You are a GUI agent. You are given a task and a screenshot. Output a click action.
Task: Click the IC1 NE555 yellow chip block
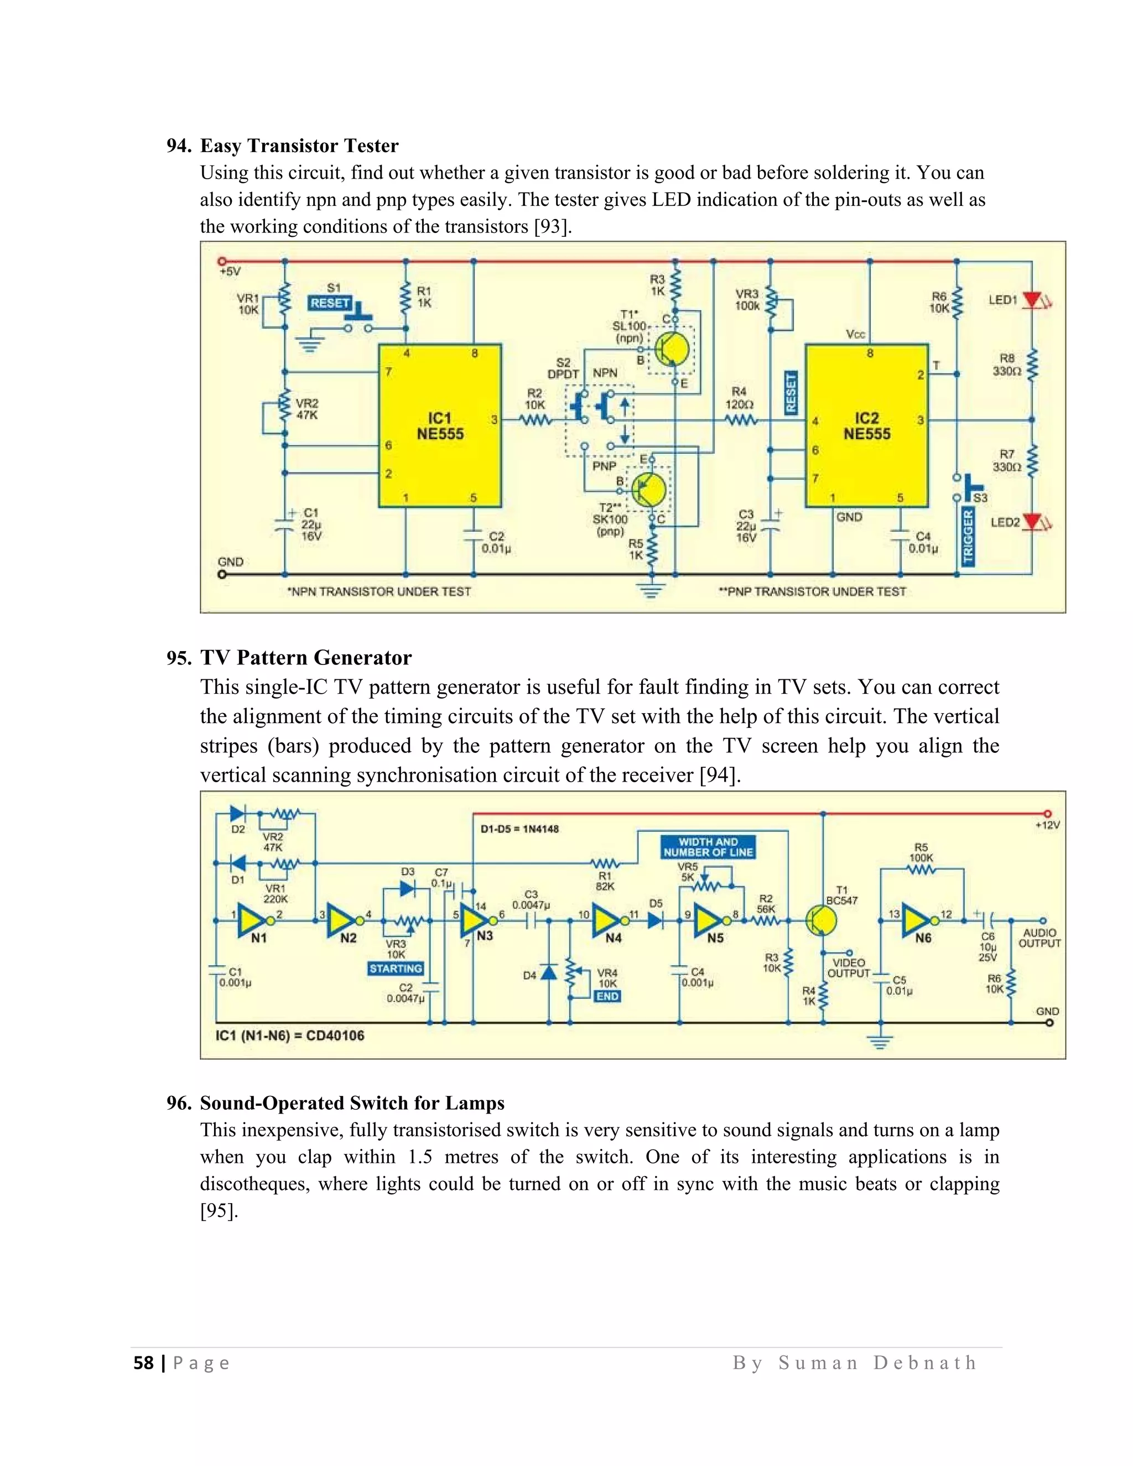coord(440,425)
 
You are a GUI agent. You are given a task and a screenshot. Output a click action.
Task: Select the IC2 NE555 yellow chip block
coord(866,425)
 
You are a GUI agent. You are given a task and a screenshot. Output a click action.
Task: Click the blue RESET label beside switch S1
coord(330,303)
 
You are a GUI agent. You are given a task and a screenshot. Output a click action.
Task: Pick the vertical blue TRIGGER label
coord(968,536)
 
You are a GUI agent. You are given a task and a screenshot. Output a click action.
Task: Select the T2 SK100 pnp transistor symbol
coord(648,490)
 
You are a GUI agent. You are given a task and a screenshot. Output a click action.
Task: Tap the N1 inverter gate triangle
coord(252,921)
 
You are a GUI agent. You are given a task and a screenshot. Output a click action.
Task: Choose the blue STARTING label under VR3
coord(396,969)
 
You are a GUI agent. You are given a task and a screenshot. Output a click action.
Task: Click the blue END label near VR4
coord(607,996)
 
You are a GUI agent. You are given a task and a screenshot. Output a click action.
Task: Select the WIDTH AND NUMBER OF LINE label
coord(708,847)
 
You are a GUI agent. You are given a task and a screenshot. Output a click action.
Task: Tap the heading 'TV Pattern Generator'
coord(305,657)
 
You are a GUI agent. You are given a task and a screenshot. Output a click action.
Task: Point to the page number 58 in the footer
coord(144,1363)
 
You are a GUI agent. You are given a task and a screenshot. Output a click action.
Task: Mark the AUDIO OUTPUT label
coord(1039,938)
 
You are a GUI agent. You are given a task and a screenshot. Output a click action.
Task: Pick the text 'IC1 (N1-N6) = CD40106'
coord(289,1035)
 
